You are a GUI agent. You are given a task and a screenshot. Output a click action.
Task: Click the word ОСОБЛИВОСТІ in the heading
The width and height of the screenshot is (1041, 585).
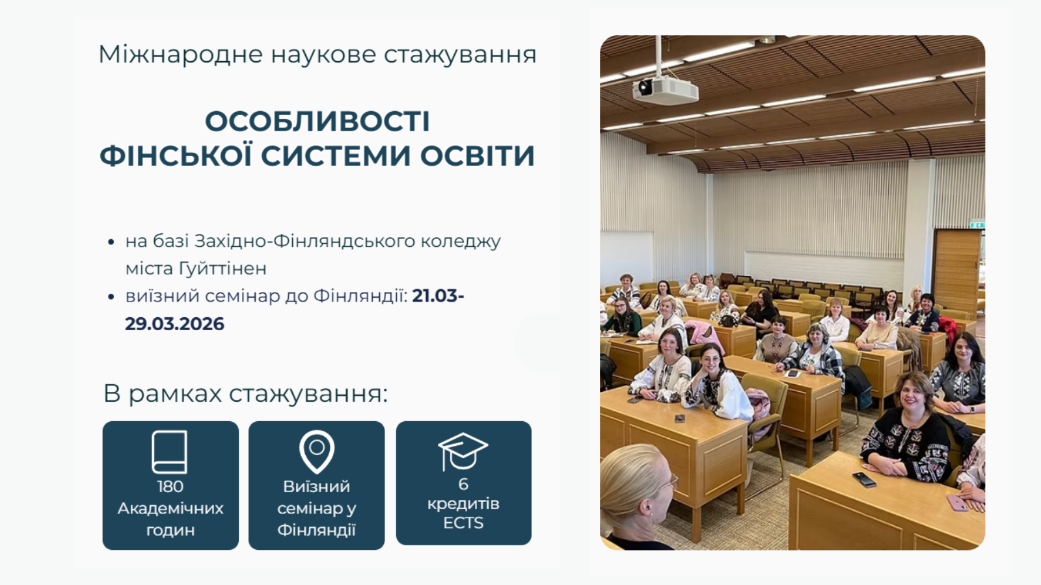pyautogui.click(x=318, y=122)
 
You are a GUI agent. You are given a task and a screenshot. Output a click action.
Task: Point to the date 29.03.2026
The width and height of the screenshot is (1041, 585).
pyautogui.click(x=174, y=324)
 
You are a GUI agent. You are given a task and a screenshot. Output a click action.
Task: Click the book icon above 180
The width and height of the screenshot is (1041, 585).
pyautogui.click(x=170, y=451)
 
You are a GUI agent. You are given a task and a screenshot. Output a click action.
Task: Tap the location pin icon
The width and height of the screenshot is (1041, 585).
pyautogui.click(x=316, y=450)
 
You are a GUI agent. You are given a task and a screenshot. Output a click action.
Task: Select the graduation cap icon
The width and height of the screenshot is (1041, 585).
pyautogui.click(x=463, y=450)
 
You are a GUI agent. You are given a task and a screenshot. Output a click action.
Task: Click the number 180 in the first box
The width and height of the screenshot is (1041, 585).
pyautogui.click(x=170, y=486)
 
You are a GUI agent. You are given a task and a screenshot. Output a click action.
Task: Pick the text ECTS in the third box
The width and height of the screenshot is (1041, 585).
pyautogui.click(x=463, y=523)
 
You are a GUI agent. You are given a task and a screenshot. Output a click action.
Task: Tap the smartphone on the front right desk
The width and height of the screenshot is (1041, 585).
pyautogui.click(x=865, y=480)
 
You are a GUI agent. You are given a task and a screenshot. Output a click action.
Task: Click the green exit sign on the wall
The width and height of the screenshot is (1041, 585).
pyautogui.click(x=976, y=225)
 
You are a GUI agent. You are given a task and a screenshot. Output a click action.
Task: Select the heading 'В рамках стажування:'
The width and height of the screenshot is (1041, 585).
pyautogui.click(x=245, y=393)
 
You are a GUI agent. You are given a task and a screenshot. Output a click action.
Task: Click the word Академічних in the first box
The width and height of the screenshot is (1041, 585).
pyautogui.click(x=170, y=508)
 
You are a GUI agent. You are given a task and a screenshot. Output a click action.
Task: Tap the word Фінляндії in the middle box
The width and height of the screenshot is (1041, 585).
pyautogui.click(x=316, y=530)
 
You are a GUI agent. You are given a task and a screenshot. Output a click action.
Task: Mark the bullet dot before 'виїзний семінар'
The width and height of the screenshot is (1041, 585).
pyautogui.click(x=111, y=297)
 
